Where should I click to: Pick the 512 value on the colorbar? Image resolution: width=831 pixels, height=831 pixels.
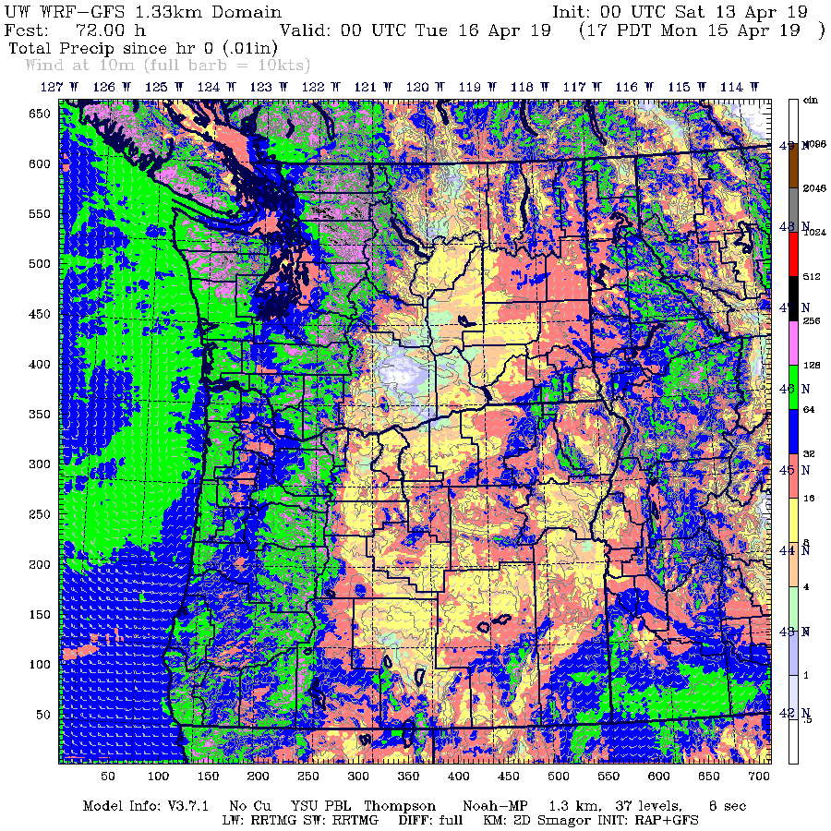[813, 276]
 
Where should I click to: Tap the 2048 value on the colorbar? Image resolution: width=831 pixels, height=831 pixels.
[813, 188]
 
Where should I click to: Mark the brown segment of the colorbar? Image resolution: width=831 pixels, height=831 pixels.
[793, 166]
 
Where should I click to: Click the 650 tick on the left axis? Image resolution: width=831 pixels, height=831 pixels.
[38, 114]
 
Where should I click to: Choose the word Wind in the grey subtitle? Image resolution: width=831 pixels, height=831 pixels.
[45, 65]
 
